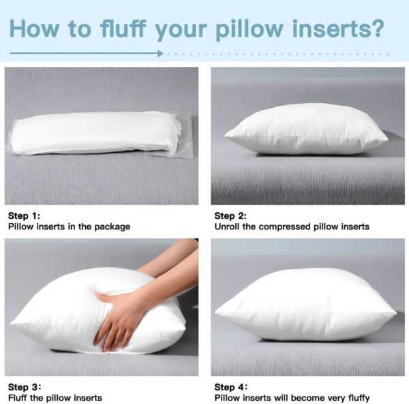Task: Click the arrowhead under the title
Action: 160,53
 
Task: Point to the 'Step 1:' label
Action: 23,216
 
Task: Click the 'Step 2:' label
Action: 230,216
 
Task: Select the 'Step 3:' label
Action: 23,387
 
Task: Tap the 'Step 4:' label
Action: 230,387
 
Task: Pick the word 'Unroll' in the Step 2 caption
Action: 228,227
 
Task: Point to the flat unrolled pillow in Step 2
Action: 306,130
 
